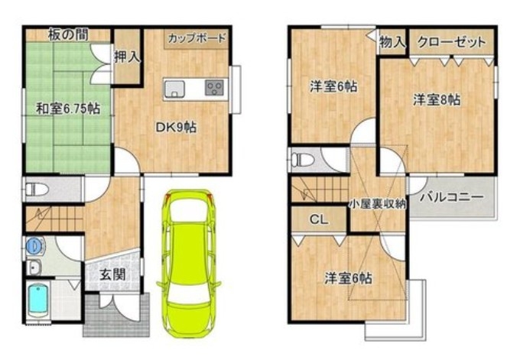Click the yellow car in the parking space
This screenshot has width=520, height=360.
[189, 264]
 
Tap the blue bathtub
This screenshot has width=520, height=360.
[37, 301]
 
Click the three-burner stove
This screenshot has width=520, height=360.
[214, 88]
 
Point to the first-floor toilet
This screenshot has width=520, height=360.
[36, 190]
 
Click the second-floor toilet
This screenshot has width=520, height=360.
[301, 160]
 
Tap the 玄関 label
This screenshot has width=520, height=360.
[112, 274]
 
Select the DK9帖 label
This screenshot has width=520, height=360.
[176, 128]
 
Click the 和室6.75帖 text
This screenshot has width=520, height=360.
[68, 109]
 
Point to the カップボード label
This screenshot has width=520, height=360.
[197, 38]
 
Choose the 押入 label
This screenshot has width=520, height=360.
[127, 57]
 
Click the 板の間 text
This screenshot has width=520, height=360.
[68, 35]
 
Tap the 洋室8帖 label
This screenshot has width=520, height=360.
[437, 99]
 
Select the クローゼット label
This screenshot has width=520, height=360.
[451, 42]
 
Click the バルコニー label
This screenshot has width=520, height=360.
[451, 197]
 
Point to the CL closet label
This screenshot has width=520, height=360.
[318, 219]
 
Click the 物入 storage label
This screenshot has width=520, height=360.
[392, 42]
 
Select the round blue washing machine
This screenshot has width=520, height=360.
[35, 245]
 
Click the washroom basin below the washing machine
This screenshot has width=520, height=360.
[34, 267]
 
